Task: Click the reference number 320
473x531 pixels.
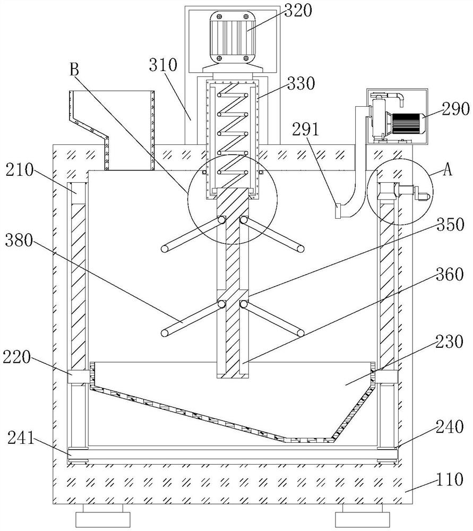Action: click(298, 11)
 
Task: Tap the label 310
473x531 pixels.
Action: click(163, 65)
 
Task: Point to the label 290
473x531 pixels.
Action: click(455, 109)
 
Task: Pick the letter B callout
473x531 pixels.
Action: click(74, 70)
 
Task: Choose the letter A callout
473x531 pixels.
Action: click(448, 170)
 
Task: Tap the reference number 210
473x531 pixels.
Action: click(20, 169)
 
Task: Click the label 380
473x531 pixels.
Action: click(19, 241)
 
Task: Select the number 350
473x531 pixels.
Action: click(450, 225)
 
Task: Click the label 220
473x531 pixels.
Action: click(16, 357)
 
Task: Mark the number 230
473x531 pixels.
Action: click(449, 341)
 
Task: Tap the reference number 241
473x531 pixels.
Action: click(21, 438)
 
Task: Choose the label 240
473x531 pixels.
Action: click(449, 427)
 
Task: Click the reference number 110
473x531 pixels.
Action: click(450, 479)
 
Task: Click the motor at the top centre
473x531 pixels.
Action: click(233, 38)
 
